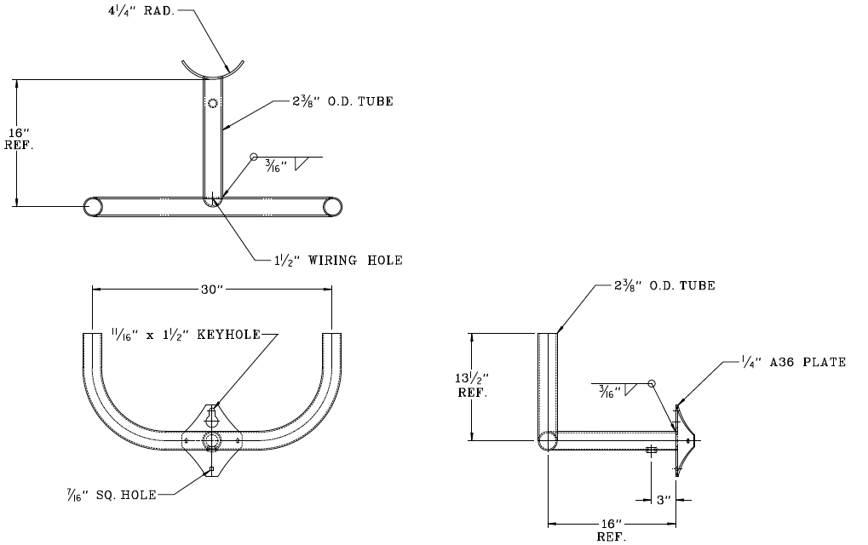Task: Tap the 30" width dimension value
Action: click(x=212, y=290)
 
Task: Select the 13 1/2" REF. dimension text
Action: click(x=473, y=386)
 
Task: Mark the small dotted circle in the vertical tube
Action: click(x=213, y=103)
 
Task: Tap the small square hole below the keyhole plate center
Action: click(x=211, y=470)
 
